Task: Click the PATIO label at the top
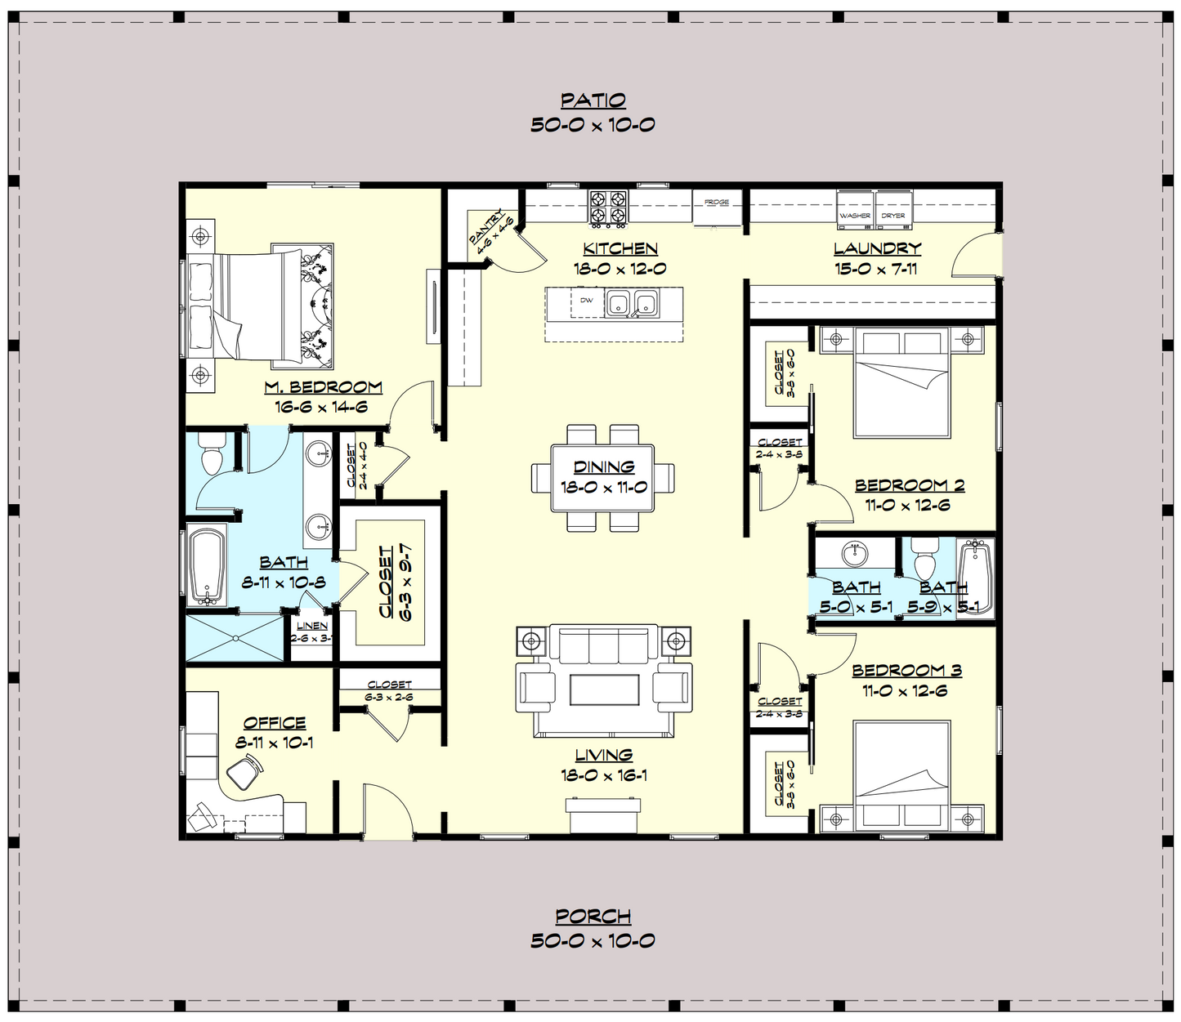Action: point(593,100)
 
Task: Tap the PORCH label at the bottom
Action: point(593,917)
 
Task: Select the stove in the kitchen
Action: point(609,208)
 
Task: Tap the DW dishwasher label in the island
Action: point(586,301)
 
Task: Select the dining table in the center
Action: point(603,477)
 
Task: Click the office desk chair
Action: point(244,771)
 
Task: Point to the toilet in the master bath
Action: point(211,453)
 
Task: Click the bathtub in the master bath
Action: point(205,566)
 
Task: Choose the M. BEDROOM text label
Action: point(323,387)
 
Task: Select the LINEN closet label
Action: point(312,626)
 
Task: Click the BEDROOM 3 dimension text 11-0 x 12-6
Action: point(906,690)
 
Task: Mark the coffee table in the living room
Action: point(604,690)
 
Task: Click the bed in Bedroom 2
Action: point(901,384)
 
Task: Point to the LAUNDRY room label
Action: point(877,249)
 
